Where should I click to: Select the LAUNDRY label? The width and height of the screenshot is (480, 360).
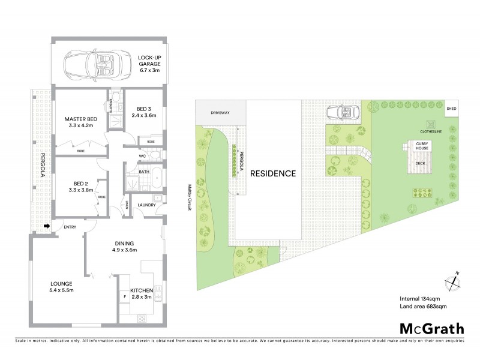[147, 205]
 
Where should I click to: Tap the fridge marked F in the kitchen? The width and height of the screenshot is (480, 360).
[124, 295]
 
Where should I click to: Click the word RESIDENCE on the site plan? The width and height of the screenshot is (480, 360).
[273, 174]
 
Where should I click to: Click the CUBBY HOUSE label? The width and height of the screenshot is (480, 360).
[417, 145]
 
